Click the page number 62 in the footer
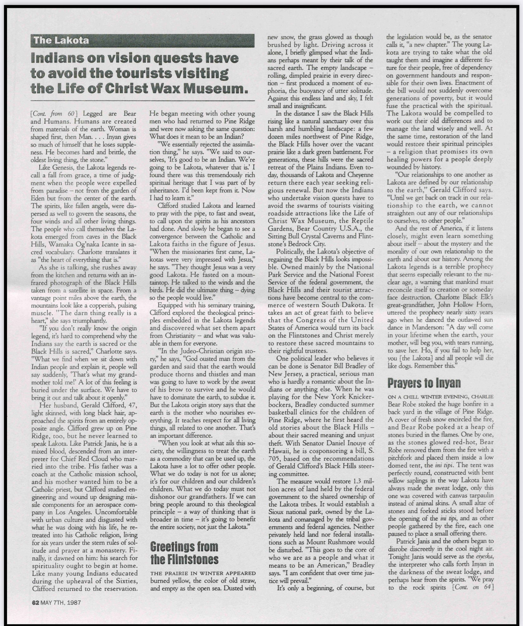coord(35,602)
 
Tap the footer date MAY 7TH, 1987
coord(61,602)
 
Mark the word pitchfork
coord(401,458)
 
